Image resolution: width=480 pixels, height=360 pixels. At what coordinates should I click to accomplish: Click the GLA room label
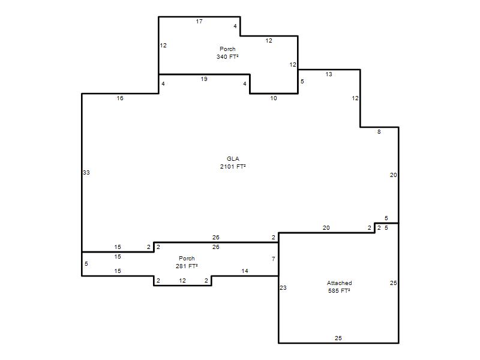pyautogui.click(x=233, y=158)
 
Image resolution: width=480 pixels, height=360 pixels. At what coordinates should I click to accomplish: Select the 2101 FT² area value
pyautogui.click(x=233, y=167)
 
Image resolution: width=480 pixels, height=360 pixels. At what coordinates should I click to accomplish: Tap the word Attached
pyautogui.click(x=339, y=283)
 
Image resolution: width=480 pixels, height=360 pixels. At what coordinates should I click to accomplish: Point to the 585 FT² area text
pyautogui.click(x=339, y=291)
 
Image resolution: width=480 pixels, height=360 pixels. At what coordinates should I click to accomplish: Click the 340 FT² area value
pyautogui.click(x=227, y=56)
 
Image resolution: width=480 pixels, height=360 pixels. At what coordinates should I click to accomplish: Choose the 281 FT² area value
pyautogui.click(x=187, y=266)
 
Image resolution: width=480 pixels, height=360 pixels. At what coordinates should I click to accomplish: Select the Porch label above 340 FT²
pyautogui.click(x=227, y=49)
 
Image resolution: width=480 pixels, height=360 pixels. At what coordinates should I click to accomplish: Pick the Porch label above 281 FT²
pyautogui.click(x=187, y=259)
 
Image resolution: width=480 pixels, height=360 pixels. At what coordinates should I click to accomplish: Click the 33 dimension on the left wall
pyautogui.click(x=86, y=173)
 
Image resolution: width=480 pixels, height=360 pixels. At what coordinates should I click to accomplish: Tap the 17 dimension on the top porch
pyautogui.click(x=199, y=22)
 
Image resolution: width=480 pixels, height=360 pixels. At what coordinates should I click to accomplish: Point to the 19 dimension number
pyautogui.click(x=204, y=79)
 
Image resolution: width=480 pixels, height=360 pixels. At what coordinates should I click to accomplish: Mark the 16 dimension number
pyautogui.click(x=120, y=98)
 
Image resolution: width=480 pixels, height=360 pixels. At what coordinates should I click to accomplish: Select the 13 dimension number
pyautogui.click(x=329, y=74)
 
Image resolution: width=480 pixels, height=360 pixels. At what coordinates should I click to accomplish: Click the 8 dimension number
pyautogui.click(x=379, y=132)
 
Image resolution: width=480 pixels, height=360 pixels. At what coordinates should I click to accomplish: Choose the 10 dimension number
pyautogui.click(x=274, y=98)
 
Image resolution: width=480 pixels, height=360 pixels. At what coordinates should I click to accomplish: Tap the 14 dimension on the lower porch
pyautogui.click(x=245, y=271)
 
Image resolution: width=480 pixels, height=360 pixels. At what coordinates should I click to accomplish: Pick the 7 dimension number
pyautogui.click(x=274, y=259)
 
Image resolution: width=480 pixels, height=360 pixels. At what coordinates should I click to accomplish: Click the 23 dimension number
pyautogui.click(x=283, y=288)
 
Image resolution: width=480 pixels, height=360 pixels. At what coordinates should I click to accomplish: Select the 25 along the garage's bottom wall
pyautogui.click(x=338, y=338)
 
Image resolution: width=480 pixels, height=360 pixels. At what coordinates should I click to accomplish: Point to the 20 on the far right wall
pyautogui.click(x=394, y=175)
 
